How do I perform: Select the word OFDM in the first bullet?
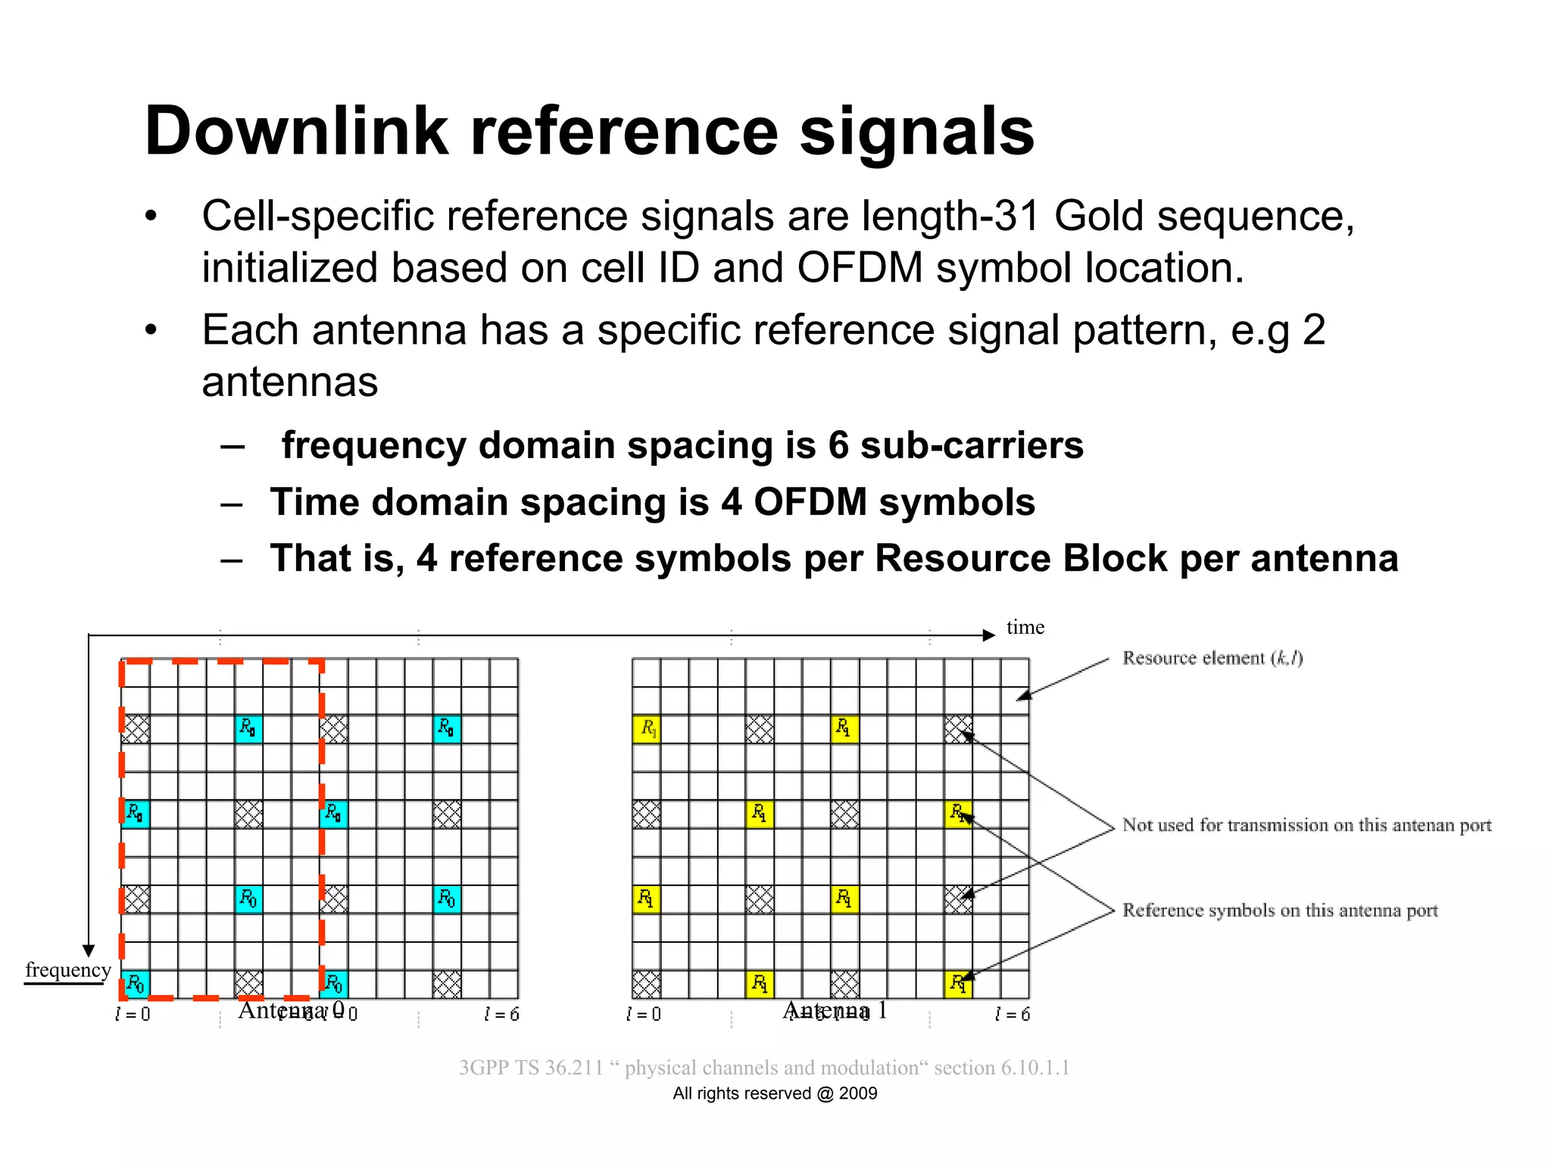click(x=860, y=268)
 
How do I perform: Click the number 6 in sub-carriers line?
click(x=838, y=445)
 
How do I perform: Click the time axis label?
click(x=1025, y=627)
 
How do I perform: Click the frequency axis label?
click(x=68, y=969)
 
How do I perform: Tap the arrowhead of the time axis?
click(x=988, y=635)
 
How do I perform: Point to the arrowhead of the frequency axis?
click(x=89, y=950)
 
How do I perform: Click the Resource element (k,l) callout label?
click(x=1212, y=657)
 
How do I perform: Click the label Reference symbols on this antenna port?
click(x=1280, y=910)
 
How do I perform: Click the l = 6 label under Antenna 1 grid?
click(x=1012, y=1014)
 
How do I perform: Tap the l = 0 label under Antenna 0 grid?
click(x=133, y=1014)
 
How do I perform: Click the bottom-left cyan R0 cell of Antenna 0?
click(x=136, y=984)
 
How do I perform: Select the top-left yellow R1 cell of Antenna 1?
click(x=646, y=729)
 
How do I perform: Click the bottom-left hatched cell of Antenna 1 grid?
click(x=646, y=984)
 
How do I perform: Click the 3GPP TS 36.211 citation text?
click(x=763, y=1067)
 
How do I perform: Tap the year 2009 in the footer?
click(x=858, y=1093)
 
